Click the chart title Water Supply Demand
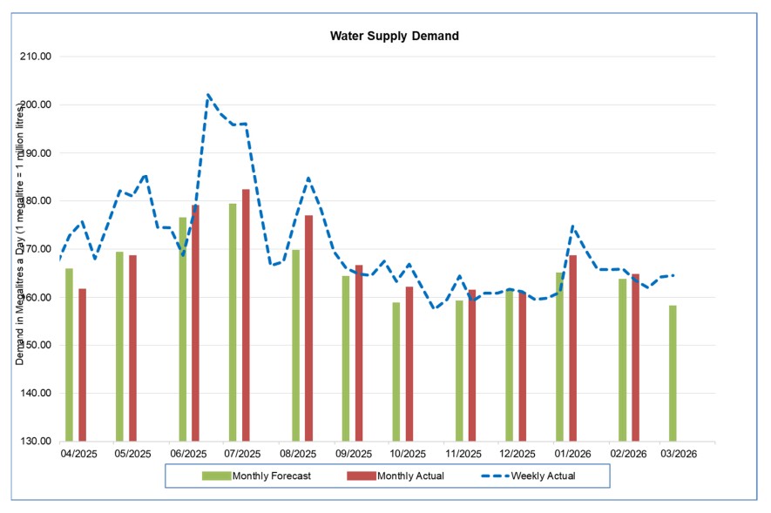tap(394, 37)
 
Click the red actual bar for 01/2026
tap(573, 348)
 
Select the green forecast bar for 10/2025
tap(396, 371)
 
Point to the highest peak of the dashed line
tap(208, 94)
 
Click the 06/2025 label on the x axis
tap(189, 454)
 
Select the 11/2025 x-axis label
tap(463, 454)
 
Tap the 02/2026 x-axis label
tap(627, 454)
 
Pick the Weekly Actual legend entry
tap(526, 476)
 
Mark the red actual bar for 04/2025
tap(82, 365)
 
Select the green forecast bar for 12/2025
tap(510, 365)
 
